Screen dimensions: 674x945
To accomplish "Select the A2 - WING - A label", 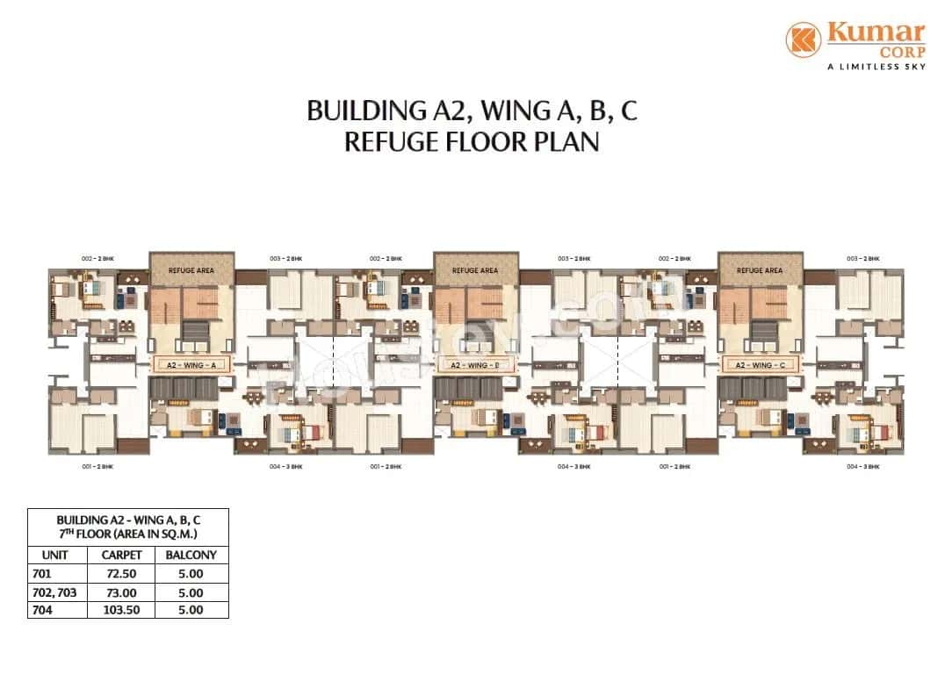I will [191, 364].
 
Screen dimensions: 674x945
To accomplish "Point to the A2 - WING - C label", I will [761, 364].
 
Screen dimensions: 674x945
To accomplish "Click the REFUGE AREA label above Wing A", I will [191, 270].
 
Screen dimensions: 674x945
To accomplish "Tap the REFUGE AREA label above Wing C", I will [761, 270].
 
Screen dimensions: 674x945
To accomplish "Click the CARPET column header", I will [121, 556].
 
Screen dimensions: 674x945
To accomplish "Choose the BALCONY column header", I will [191, 556].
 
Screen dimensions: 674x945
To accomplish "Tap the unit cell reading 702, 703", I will [54, 592].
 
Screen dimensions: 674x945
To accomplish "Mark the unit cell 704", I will [41, 609].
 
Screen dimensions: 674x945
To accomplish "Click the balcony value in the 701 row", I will [191, 575].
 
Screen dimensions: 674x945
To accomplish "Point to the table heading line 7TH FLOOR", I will [127, 533].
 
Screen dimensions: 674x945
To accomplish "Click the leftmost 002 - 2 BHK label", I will [98, 258].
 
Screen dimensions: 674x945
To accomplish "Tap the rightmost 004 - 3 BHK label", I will [863, 466].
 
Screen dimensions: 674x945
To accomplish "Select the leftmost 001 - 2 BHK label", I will [97, 466].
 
